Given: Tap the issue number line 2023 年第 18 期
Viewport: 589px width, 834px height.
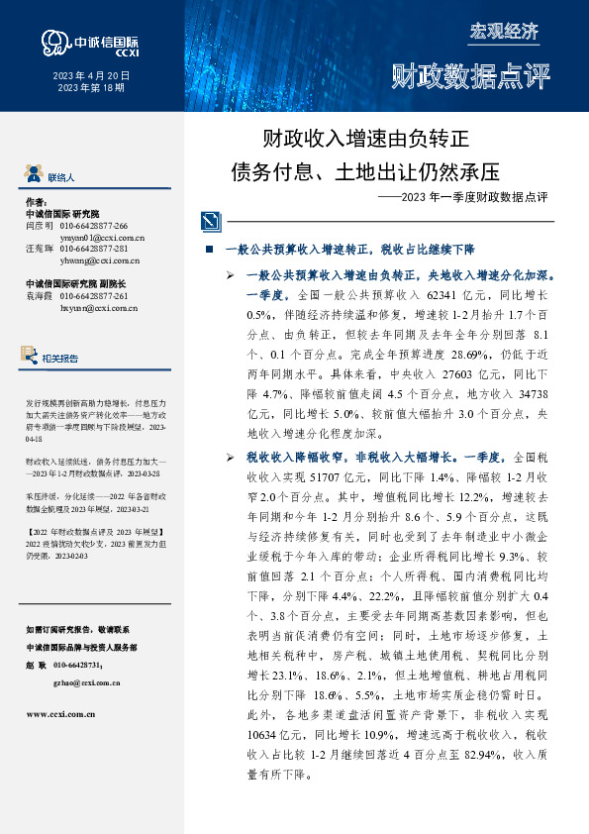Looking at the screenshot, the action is coord(91,89).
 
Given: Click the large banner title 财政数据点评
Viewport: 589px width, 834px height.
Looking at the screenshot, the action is coord(470,76).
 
